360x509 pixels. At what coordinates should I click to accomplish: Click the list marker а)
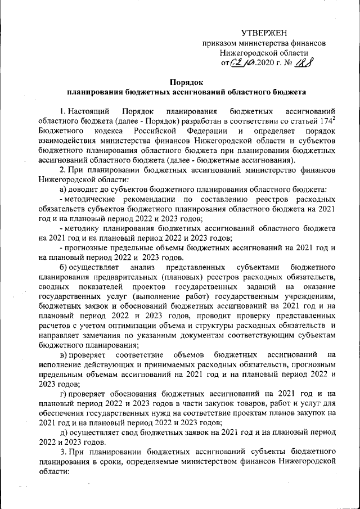coord(64,191)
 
